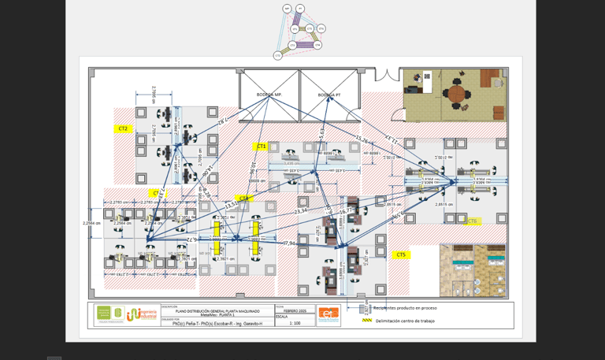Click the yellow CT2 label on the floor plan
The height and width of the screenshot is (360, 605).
point(123,128)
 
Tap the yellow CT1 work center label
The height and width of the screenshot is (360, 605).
point(262,147)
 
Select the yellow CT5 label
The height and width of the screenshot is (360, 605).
point(401,254)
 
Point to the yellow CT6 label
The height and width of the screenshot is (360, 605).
point(472,221)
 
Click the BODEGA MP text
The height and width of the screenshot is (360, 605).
point(269,95)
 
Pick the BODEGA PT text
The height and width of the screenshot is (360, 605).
point(329,95)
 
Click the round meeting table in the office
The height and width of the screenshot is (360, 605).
point(457,94)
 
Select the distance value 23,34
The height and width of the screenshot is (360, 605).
point(301,211)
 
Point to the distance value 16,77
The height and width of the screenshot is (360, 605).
point(347,210)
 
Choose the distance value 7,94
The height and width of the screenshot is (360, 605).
point(290,243)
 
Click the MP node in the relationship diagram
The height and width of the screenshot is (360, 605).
point(287,9)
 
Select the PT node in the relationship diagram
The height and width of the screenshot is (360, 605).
point(301,9)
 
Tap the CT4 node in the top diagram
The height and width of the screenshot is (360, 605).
point(317,45)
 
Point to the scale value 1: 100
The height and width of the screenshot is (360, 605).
point(295,323)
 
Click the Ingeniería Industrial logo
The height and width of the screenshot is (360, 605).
point(141,314)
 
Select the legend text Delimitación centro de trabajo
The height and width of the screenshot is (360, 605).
point(406,321)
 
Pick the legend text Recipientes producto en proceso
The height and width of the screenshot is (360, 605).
point(405,308)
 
